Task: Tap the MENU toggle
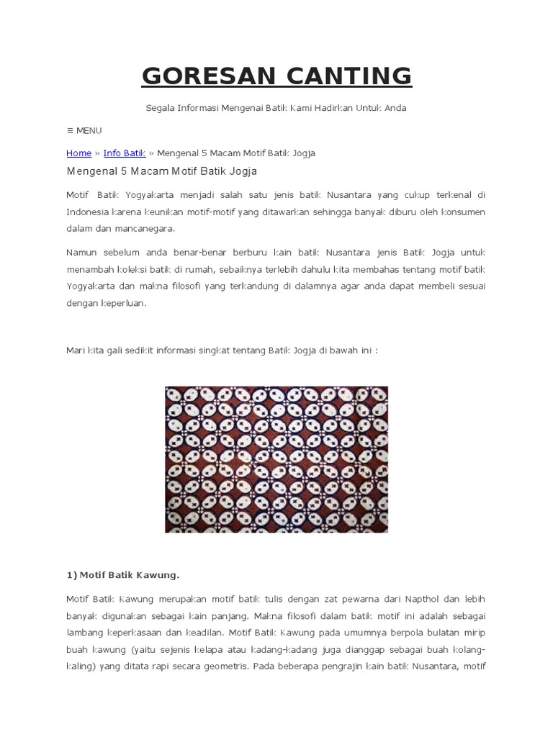[x=84, y=130]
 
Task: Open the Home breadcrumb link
[x=78, y=153]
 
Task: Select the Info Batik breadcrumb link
[x=125, y=153]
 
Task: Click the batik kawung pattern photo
[x=276, y=459]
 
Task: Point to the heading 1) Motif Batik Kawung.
[x=122, y=575]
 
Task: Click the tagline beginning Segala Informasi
[x=276, y=108]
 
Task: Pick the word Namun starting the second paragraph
[x=81, y=253]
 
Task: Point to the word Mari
[x=76, y=351]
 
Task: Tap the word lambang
[x=85, y=633]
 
